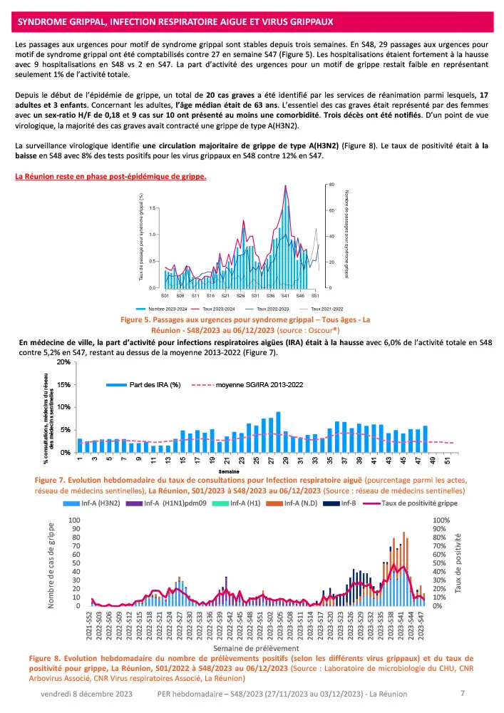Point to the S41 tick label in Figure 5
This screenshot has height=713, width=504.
tap(285, 295)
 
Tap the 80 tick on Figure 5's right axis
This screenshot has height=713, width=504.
tap(332, 185)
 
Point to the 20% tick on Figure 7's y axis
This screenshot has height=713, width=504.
tap(63, 362)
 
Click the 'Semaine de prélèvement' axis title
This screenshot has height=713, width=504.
tap(254, 648)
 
